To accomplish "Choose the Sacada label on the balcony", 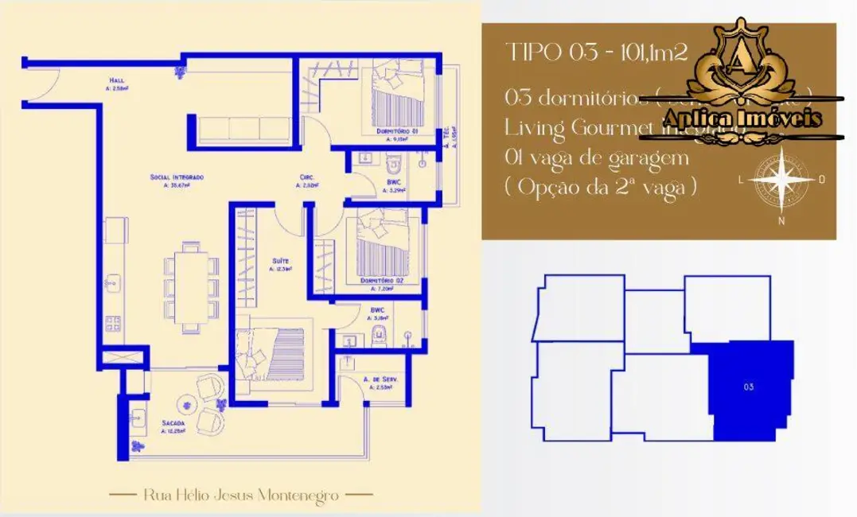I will [173, 423].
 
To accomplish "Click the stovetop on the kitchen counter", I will [113, 323].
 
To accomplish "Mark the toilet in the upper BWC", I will [391, 166].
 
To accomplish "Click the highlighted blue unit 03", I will [750, 388].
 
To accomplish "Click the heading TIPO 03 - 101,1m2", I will [597, 53].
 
